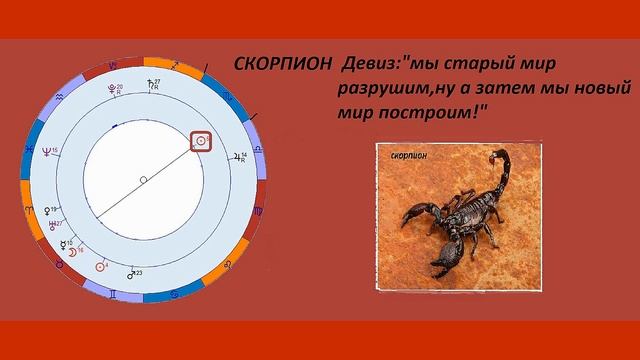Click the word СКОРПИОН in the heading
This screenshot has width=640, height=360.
[282, 63]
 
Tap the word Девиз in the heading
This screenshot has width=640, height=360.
[369, 63]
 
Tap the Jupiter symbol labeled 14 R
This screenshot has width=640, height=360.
[246, 157]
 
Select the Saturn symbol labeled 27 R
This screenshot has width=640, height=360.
[151, 84]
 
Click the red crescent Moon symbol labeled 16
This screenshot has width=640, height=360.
[71, 254]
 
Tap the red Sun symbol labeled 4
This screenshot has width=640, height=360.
[100, 266]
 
